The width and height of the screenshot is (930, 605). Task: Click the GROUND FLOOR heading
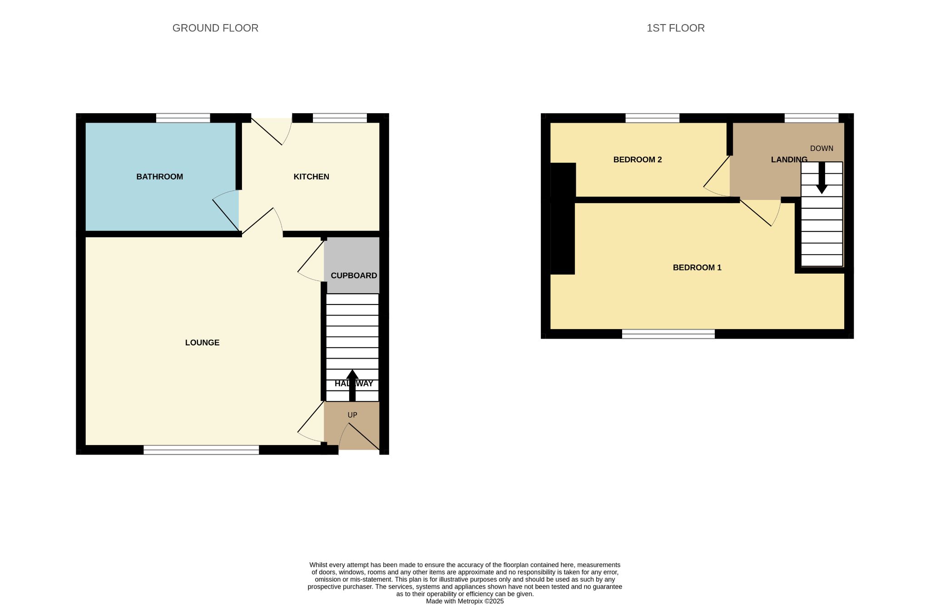tap(215, 28)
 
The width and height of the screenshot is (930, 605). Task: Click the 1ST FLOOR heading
tap(676, 28)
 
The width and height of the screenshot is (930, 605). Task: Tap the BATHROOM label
tap(159, 177)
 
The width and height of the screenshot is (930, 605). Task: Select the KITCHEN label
tap(311, 177)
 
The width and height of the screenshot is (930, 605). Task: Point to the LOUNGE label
tap(202, 343)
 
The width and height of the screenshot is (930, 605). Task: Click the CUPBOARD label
tap(354, 275)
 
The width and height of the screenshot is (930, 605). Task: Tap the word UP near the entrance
tap(352, 415)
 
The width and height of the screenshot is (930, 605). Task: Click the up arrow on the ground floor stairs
tap(352, 385)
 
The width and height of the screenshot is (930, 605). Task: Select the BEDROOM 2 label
tap(638, 160)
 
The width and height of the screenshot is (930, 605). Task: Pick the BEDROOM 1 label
tap(697, 268)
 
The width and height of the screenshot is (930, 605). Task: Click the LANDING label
tap(789, 160)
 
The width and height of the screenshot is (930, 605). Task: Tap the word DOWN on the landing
tap(821, 149)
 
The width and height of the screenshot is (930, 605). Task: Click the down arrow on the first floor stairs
tap(821, 178)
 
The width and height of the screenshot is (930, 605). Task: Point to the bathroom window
tap(183, 118)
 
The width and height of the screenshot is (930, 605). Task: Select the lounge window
tap(201, 450)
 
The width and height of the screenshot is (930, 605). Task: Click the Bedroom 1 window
tap(668, 334)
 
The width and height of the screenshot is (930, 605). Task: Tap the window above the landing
tap(811, 118)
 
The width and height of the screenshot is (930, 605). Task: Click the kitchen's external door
tap(272, 131)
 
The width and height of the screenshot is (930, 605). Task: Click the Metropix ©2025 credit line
tap(465, 601)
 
